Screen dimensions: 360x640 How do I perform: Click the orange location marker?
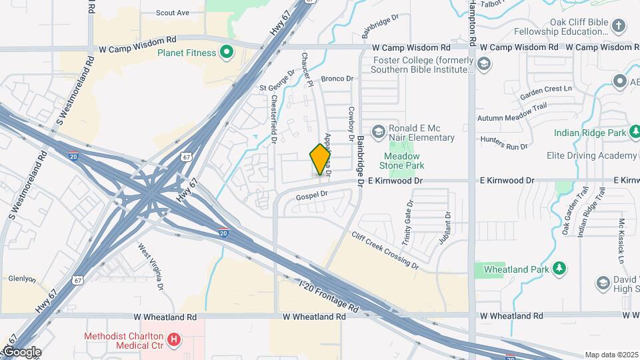click(x=321, y=159)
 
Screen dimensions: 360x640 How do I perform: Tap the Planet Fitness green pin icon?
click(x=227, y=53)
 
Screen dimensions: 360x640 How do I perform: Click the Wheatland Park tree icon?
click(x=560, y=269)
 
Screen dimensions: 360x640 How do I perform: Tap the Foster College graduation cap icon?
click(x=484, y=65)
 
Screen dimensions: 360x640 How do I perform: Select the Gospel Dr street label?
click(x=313, y=195)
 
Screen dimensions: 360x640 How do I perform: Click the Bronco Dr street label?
click(x=337, y=79)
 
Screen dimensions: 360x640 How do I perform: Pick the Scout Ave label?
click(x=173, y=13)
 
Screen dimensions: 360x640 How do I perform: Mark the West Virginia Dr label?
click(x=151, y=267)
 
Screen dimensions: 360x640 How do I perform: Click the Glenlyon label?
click(x=22, y=279)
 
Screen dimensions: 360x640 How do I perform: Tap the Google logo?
click(x=21, y=352)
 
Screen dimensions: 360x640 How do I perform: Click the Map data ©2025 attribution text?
click(x=611, y=355)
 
